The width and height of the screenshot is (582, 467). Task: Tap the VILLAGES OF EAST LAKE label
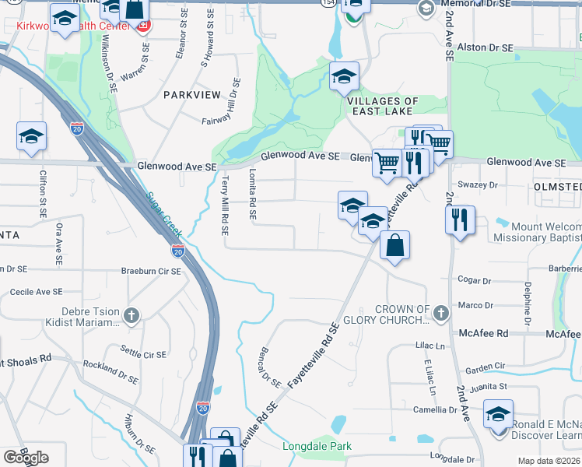pos(383,107)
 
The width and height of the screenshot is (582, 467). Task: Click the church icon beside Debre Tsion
pos(131,316)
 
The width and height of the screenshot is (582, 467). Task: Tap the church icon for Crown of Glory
pos(441,314)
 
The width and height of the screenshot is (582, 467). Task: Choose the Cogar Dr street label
pos(475,280)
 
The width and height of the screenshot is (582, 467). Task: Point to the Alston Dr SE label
pos(485,48)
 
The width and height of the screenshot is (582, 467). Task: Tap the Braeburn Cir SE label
pos(150,272)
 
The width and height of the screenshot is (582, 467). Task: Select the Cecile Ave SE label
pos(36,292)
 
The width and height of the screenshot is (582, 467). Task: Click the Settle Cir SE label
pos(142,354)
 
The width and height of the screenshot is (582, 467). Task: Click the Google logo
pos(26,458)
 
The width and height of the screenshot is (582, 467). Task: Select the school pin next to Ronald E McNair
pos(498,413)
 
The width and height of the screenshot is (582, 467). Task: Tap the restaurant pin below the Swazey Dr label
pos(460,218)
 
